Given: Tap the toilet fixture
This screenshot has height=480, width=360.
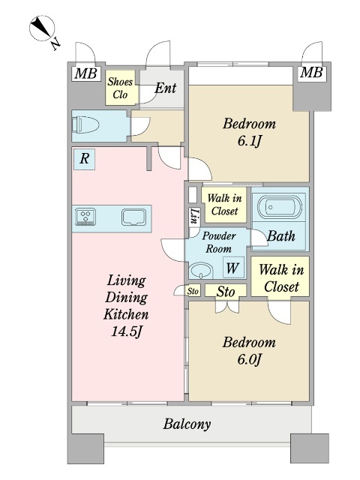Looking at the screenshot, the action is pyautogui.click(x=85, y=124).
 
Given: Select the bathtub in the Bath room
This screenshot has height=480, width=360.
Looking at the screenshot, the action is pyautogui.click(x=280, y=207).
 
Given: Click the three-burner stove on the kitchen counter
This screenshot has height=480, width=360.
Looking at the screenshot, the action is pyautogui.click(x=85, y=217).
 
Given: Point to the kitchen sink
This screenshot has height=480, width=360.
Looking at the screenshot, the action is pyautogui.click(x=133, y=217).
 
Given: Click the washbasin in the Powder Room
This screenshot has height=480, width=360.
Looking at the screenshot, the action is pyautogui.click(x=201, y=270).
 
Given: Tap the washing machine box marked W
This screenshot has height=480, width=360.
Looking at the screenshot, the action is pyautogui.click(x=233, y=267).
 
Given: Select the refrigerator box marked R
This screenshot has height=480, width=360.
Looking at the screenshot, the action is pyautogui.click(x=85, y=159).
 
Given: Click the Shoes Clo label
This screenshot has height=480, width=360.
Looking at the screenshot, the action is pyautogui.click(x=120, y=88).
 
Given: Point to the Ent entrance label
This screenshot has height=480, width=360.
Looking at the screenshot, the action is pyautogui.click(x=166, y=88).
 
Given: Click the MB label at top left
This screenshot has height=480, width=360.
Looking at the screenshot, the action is pyautogui.click(x=86, y=73).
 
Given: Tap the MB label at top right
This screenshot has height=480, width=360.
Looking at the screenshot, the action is pyautogui.click(x=311, y=73).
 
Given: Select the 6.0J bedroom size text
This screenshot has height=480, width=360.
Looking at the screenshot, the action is pyautogui.click(x=249, y=359).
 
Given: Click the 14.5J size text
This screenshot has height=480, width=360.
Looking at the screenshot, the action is pyautogui.click(x=127, y=331).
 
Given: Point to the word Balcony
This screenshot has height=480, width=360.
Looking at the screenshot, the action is pyautogui.click(x=187, y=424).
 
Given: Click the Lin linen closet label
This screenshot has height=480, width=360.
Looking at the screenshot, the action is pyautogui.click(x=194, y=216).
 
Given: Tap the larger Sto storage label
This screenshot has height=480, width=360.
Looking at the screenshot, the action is pyautogui.click(x=226, y=292).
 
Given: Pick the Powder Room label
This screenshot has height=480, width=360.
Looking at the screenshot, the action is pyautogui.click(x=218, y=242).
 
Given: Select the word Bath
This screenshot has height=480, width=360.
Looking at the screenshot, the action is pyautogui.click(x=281, y=236).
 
